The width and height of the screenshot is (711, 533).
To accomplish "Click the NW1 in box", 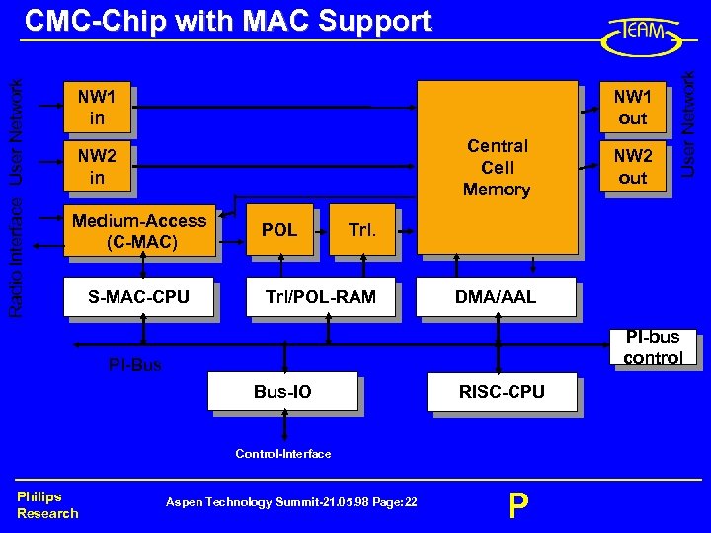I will point(97,108).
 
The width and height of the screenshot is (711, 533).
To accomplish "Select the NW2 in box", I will point(97,166).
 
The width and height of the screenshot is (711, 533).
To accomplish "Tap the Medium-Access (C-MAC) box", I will point(139,232).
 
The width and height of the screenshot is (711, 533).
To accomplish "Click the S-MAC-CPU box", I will point(138,296).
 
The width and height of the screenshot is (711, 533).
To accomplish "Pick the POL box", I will point(279,230).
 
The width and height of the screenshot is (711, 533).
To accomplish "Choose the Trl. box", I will point(361,230).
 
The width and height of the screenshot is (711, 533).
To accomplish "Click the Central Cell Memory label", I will point(497,167).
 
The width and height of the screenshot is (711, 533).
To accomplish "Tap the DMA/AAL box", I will point(497,296).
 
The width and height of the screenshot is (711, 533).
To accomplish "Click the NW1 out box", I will point(632,108).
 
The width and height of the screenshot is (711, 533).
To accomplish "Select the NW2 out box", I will point(632,167).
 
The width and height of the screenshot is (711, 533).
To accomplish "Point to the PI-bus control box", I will point(652,347).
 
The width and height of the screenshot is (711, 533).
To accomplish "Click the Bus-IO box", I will point(282,392).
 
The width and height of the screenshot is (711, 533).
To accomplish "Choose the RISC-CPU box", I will point(502,392).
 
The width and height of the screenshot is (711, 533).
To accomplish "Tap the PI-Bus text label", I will point(135,366).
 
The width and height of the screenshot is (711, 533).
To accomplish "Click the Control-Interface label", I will point(283,454).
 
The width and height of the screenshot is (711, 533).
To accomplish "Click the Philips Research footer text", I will point(46,504).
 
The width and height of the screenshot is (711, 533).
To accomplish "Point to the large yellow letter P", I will point(517,506).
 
